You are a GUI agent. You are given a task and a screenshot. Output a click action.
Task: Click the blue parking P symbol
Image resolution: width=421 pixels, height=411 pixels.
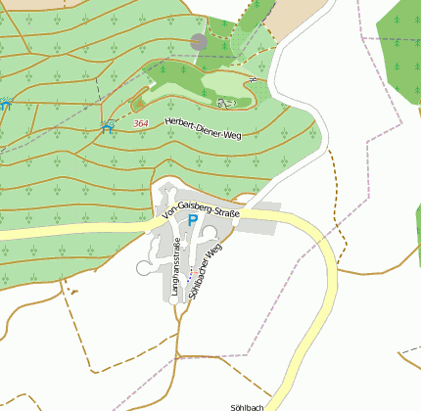tap(193, 221)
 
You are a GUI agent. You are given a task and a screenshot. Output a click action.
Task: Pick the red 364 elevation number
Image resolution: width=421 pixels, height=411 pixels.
tap(141, 122)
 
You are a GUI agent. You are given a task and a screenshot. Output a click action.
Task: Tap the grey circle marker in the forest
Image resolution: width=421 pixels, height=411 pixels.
tap(199, 42)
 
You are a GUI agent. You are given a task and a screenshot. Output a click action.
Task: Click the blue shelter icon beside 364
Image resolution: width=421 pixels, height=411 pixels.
tap(109, 125)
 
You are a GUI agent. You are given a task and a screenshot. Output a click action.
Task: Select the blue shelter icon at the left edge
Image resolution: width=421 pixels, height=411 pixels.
tap(5, 102)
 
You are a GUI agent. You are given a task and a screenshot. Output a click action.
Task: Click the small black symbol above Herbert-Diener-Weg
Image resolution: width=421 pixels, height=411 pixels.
tap(227, 102)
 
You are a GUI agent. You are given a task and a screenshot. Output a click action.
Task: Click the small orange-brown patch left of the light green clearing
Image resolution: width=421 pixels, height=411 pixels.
tap(138, 102)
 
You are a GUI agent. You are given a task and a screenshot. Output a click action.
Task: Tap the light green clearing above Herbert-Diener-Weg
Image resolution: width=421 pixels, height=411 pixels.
tap(196, 94)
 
